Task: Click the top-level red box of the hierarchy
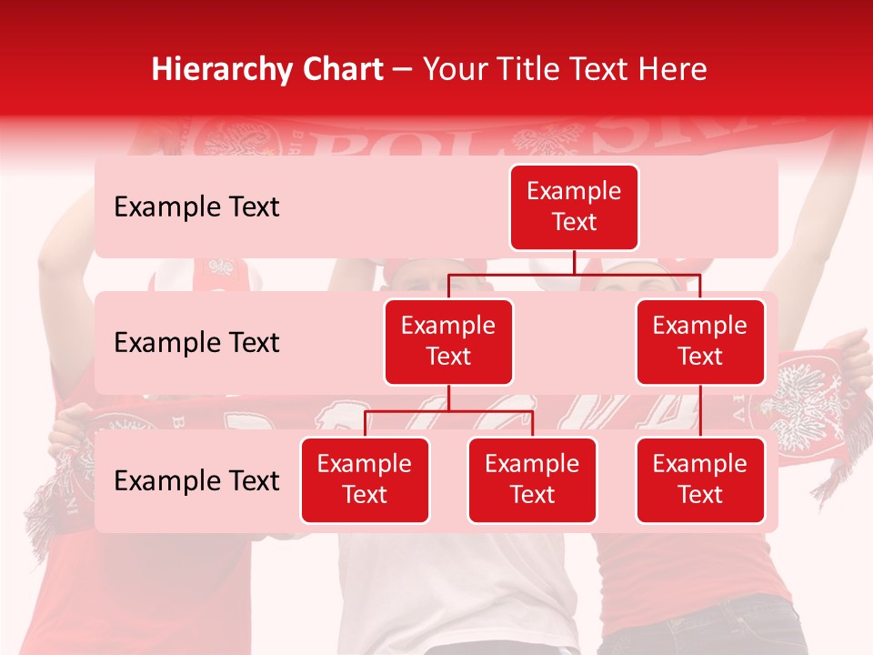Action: (x=574, y=207)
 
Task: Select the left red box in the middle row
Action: (x=448, y=342)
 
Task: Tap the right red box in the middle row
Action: (x=700, y=342)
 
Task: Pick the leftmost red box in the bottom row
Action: (x=365, y=480)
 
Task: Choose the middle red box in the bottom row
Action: (x=532, y=480)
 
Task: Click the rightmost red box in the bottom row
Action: (x=700, y=480)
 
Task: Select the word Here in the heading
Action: (x=672, y=70)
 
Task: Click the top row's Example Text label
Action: (x=196, y=207)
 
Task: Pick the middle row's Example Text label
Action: (x=196, y=343)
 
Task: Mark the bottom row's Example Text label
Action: (x=196, y=481)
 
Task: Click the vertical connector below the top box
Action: (x=574, y=262)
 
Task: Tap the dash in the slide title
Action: (x=403, y=71)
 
